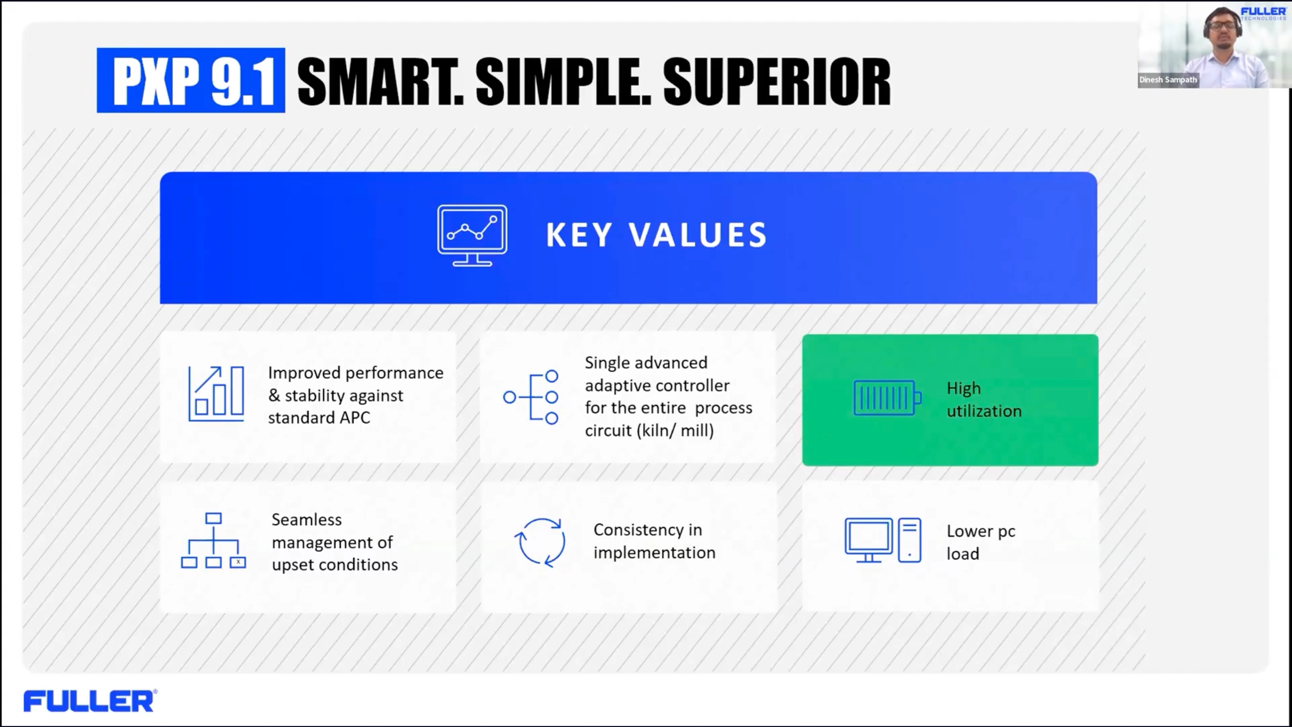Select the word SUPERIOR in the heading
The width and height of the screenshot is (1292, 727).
777,81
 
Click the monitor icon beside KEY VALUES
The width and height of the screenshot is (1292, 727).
472,235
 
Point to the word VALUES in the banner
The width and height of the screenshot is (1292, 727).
698,235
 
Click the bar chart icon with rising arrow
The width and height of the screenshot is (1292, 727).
216,394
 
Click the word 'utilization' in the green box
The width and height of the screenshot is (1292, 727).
983,411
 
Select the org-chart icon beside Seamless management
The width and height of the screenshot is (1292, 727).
214,541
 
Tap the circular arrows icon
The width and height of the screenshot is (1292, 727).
540,542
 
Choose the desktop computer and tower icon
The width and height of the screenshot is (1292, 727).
883,540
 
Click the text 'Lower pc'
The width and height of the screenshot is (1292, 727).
980,531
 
